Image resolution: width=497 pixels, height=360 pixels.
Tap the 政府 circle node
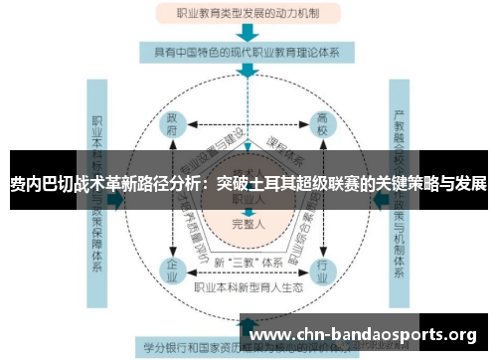coord(174,126)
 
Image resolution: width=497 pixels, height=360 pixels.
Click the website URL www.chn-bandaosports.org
coord(366,334)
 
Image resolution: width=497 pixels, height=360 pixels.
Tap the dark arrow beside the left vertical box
coord(117,200)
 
